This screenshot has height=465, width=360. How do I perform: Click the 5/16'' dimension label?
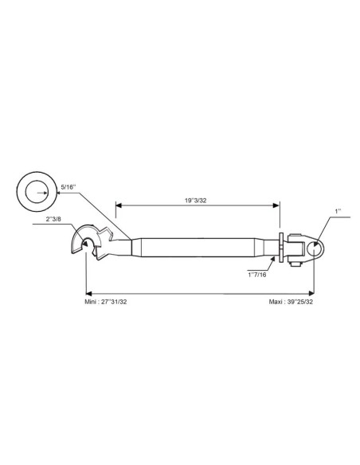(x=68, y=187)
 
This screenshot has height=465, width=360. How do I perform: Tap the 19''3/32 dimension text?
(x=196, y=201)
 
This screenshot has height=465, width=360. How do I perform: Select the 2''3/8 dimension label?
(x=53, y=219)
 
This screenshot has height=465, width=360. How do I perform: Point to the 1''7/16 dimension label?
(x=257, y=275)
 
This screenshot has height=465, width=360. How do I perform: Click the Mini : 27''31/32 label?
(x=106, y=302)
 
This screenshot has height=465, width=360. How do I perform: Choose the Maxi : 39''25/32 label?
(x=291, y=302)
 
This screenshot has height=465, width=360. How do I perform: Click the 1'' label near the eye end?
(x=338, y=212)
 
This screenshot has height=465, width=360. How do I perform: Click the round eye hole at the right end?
(x=315, y=248)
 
